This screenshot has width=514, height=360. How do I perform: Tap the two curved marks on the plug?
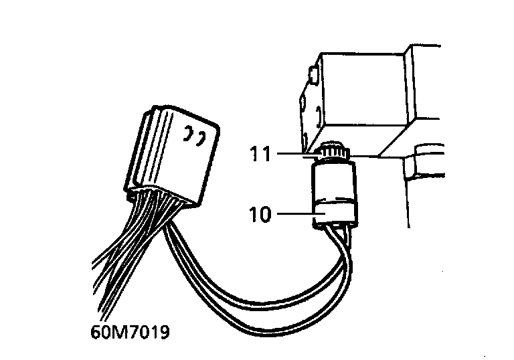click(193, 136)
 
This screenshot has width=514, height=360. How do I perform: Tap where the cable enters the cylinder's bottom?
click(335, 231)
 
